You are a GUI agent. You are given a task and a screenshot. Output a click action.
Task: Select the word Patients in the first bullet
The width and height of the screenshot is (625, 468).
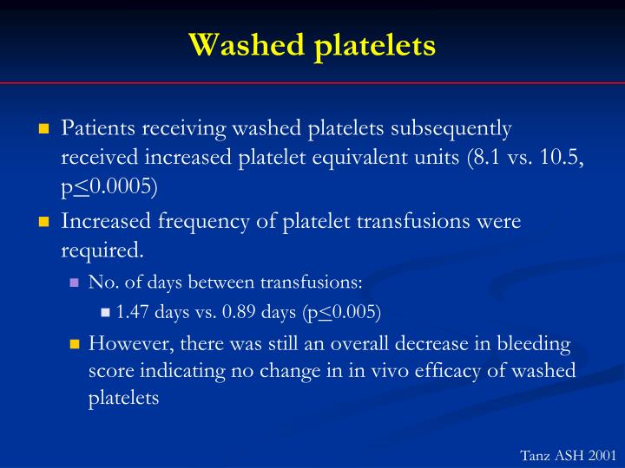coord(97,128)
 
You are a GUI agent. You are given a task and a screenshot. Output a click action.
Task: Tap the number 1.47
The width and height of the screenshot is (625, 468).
coord(134,312)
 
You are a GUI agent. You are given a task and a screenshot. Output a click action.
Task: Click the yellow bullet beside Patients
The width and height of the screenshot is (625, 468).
coord(43,129)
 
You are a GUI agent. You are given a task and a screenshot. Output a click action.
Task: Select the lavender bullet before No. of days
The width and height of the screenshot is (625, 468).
coord(75,283)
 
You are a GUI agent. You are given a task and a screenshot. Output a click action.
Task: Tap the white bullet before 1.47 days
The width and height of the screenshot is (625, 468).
coord(106,312)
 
